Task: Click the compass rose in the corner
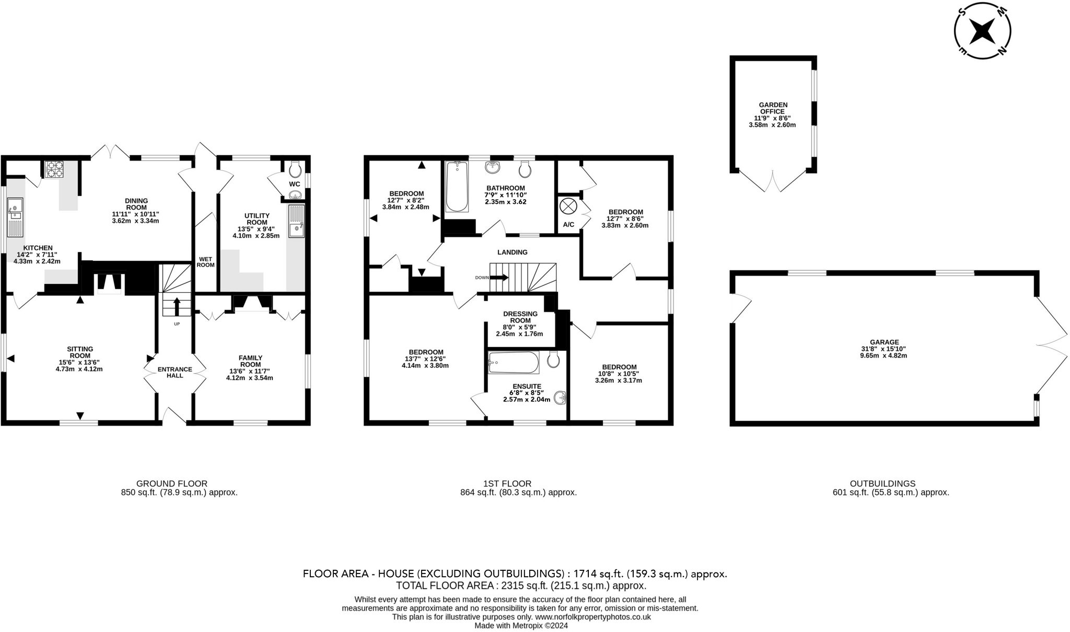(x=982, y=31)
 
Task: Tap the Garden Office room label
(x=773, y=108)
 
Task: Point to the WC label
(x=295, y=184)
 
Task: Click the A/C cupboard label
(x=568, y=225)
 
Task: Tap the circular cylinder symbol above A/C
(x=567, y=206)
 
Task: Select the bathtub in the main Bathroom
(x=457, y=187)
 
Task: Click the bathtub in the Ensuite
(x=514, y=362)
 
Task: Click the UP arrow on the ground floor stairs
(x=177, y=306)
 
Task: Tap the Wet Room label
(x=206, y=262)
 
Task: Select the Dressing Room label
(x=520, y=317)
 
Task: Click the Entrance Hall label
(x=175, y=372)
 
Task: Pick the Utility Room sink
(x=296, y=222)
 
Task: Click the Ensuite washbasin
(x=561, y=398)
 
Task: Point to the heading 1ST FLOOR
(x=507, y=484)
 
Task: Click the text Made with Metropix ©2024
(x=521, y=625)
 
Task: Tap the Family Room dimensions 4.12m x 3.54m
(x=250, y=378)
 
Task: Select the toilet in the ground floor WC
(x=295, y=168)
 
